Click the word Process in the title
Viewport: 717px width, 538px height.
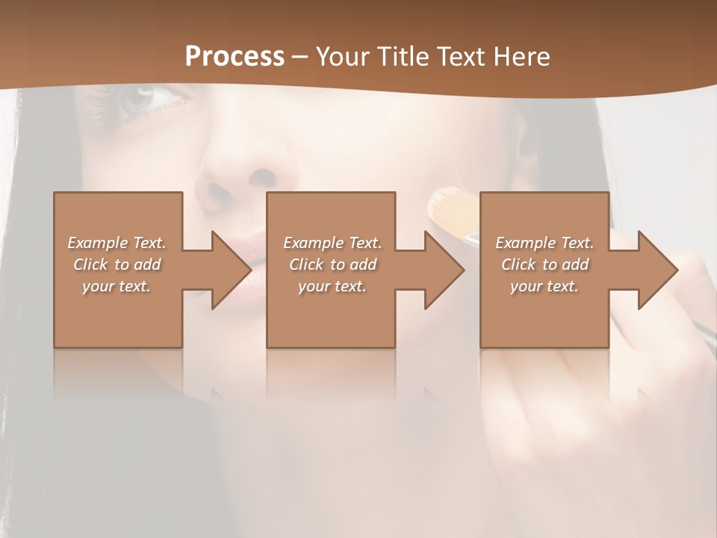(x=235, y=57)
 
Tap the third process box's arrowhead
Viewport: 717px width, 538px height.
(x=657, y=270)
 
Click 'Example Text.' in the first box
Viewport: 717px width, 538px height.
(x=117, y=243)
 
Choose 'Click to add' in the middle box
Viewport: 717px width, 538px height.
(x=332, y=265)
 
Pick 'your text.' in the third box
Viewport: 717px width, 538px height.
(x=544, y=286)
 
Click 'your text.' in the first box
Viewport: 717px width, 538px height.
(x=117, y=286)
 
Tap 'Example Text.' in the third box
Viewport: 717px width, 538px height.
(x=544, y=243)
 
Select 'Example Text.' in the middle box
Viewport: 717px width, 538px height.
(x=332, y=243)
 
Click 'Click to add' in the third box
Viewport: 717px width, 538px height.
(x=544, y=265)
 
